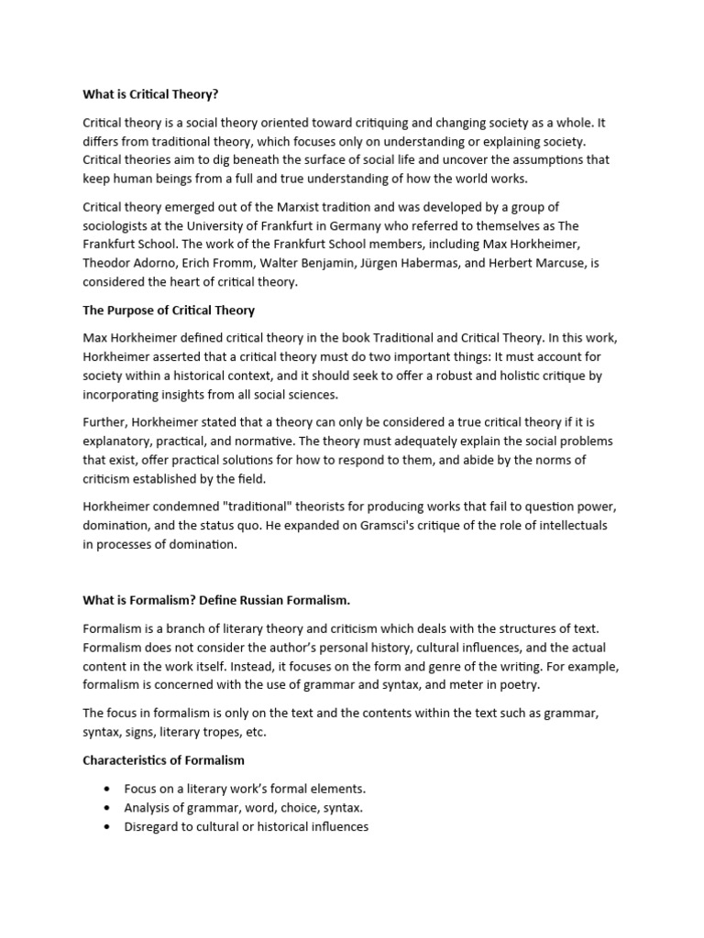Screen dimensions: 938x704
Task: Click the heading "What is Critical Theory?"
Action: (151, 94)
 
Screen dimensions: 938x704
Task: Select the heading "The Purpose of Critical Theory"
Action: (169, 310)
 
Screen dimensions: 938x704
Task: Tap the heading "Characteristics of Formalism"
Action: (164, 760)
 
